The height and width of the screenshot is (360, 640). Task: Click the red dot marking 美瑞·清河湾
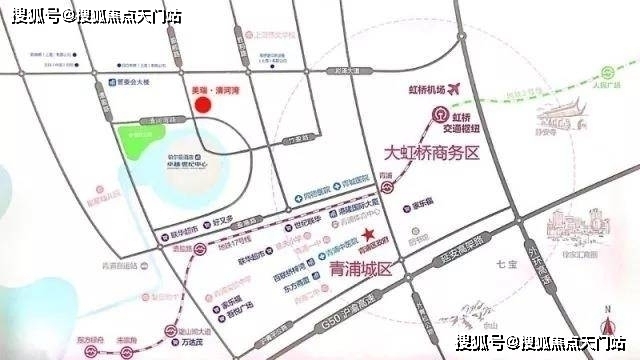pyautogui.click(x=202, y=104)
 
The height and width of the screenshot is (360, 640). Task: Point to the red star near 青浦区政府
pyautogui.click(x=370, y=235)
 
